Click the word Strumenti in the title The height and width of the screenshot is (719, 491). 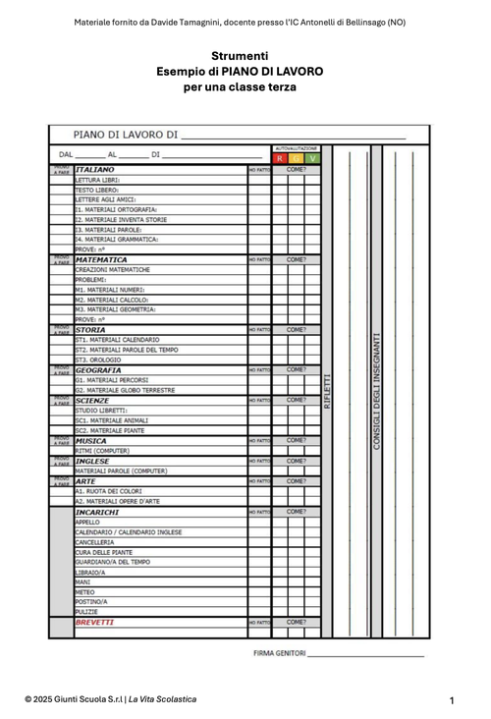point(240,56)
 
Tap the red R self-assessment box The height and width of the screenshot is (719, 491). point(279,158)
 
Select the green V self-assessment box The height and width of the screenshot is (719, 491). point(313,158)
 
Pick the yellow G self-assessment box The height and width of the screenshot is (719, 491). point(297,158)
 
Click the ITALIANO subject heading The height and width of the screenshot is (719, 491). point(95,170)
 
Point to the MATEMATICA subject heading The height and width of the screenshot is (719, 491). point(101,260)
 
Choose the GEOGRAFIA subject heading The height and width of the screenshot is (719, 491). point(98,370)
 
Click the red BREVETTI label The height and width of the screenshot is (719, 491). point(95,622)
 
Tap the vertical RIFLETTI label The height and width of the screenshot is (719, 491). point(328,391)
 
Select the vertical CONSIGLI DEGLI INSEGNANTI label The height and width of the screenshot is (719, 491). point(376,391)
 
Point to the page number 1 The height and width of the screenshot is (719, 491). point(452,700)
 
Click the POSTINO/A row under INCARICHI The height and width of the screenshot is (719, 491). point(92,601)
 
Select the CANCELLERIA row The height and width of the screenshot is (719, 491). point(95,542)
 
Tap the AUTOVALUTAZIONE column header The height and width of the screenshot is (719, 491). point(296,147)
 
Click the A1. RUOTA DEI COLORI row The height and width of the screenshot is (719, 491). point(109,491)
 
